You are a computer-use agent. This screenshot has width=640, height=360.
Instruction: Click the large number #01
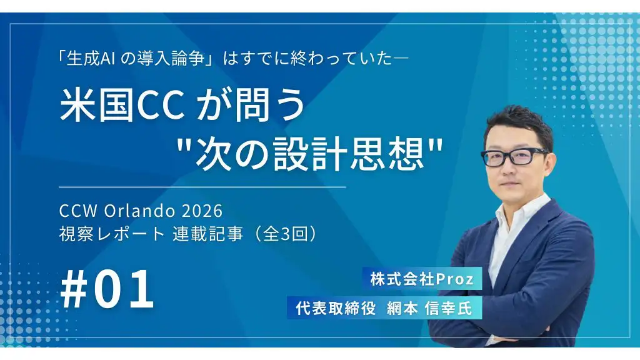click(x=108, y=289)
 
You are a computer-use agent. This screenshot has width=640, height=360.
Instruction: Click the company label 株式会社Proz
click(x=422, y=279)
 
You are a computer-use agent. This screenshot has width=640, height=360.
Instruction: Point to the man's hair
click(x=522, y=122)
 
